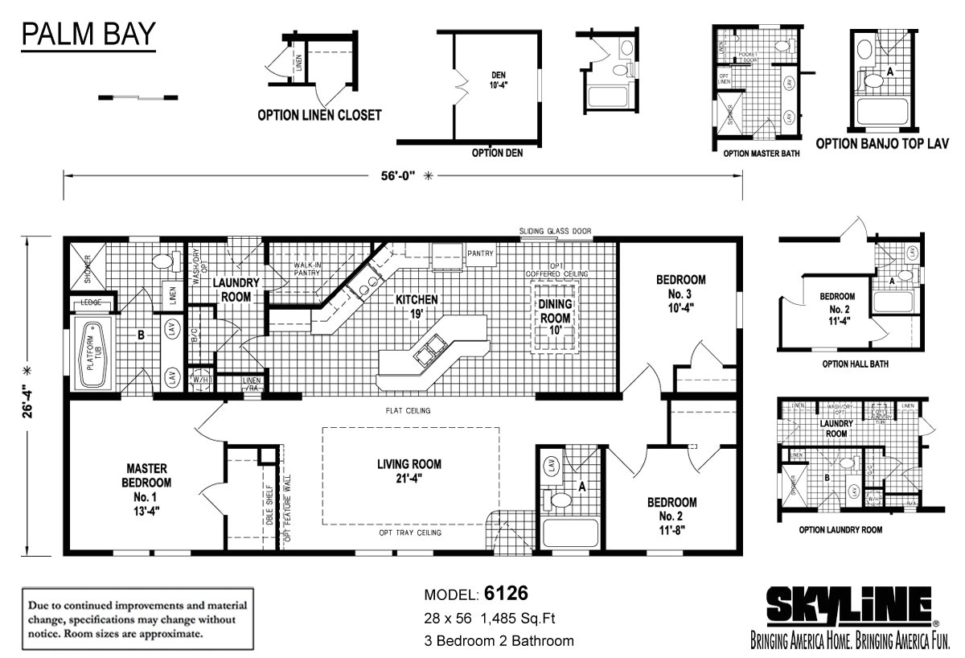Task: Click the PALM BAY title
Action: pos(88,35)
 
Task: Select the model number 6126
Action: pos(507,594)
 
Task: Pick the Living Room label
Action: pos(409,471)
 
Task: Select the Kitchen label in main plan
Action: pos(416,306)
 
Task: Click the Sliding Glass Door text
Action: pos(555,232)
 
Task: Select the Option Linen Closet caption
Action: pos(319,115)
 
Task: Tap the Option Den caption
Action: pos(497,153)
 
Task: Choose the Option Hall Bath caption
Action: pos(855,364)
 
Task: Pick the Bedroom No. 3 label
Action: pos(681,293)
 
